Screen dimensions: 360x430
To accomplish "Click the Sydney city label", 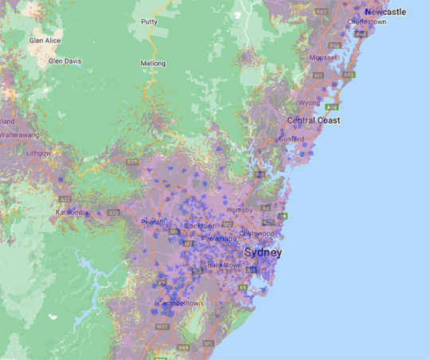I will [x=264, y=252].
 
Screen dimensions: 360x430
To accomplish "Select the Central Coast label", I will [x=314, y=120].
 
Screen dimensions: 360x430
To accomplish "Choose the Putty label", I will [x=149, y=22].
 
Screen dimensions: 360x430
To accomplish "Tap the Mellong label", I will [x=153, y=63].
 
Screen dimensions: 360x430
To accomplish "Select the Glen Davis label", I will [x=65, y=61].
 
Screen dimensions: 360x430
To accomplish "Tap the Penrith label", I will [x=152, y=221].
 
